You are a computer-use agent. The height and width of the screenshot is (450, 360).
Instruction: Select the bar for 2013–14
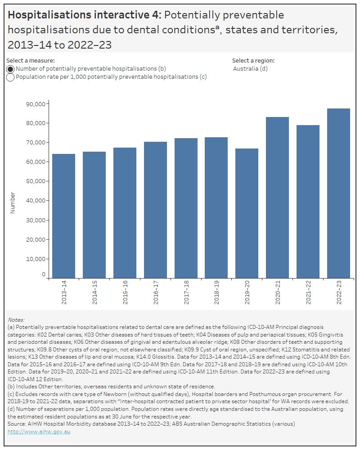63,216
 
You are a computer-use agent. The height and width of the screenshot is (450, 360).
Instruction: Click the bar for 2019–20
247,213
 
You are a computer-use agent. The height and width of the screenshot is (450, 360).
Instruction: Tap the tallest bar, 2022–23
338,193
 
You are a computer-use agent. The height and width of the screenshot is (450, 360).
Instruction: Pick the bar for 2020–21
277,198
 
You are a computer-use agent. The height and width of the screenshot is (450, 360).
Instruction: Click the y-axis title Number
13,203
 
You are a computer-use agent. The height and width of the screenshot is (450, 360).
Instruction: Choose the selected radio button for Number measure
11,69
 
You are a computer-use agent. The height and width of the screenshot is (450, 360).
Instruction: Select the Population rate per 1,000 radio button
11,77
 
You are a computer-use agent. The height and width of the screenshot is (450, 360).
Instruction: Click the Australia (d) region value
250,69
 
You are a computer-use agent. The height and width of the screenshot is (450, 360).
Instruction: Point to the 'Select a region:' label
253,60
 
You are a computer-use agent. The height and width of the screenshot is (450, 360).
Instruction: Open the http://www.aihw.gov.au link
39,432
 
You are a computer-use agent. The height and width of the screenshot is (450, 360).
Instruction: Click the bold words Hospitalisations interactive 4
84,15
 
